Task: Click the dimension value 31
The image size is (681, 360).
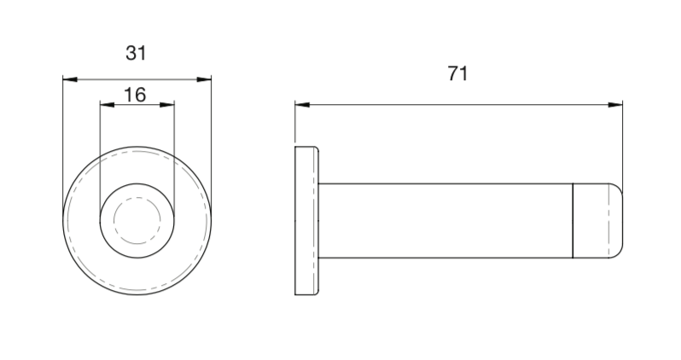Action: [x=137, y=53]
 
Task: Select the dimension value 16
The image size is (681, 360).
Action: [x=135, y=94]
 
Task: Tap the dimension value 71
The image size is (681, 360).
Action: [x=458, y=74]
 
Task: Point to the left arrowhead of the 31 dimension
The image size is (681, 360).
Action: [x=70, y=79]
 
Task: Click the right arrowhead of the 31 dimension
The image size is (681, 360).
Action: [x=204, y=79]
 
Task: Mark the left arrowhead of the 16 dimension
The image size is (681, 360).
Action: [x=107, y=105]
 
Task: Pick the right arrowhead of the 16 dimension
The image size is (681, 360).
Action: [x=168, y=105]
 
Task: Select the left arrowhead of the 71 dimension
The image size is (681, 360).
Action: [x=302, y=106]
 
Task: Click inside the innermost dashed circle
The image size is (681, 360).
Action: [x=137, y=218]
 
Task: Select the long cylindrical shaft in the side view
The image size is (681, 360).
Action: [x=444, y=220]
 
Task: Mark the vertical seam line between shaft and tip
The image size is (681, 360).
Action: [x=572, y=220]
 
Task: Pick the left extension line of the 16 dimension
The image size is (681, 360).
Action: [x=100, y=145]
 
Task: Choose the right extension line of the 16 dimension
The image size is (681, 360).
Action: [x=175, y=145]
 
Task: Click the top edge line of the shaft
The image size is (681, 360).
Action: [x=444, y=183]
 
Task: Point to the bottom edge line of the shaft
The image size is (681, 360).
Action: [x=444, y=257]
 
